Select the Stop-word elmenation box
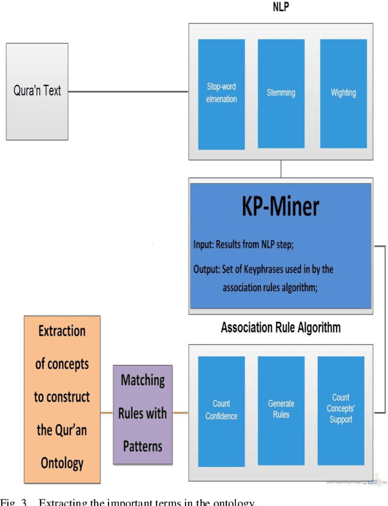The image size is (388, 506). point(221,94)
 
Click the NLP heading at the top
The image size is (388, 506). point(280,9)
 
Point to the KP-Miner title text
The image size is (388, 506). point(280,208)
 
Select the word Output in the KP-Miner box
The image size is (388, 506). point(206,269)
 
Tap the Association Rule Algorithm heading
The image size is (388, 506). point(281,328)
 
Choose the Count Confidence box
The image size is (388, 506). point(221,410)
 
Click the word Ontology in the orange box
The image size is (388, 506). point(62,463)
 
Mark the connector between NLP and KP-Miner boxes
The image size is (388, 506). point(281,169)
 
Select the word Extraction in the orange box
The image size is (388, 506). point(62,331)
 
